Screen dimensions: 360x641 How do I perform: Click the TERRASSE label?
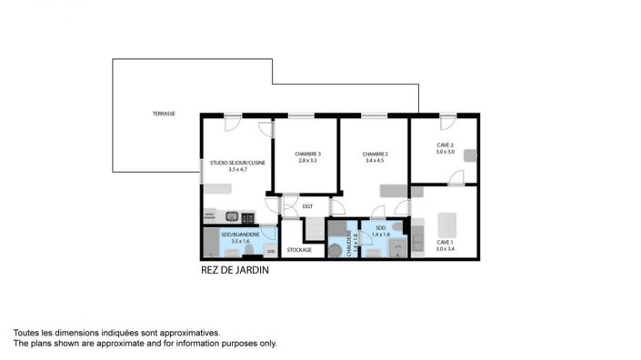pyautogui.click(x=164, y=114)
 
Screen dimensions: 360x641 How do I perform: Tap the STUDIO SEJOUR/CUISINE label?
pyautogui.click(x=225, y=163)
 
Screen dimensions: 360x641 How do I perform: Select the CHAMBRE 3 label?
pyautogui.click(x=307, y=154)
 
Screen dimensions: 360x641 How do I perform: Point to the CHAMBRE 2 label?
pyautogui.click(x=375, y=154)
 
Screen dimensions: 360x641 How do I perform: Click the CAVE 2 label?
pyautogui.click(x=445, y=145)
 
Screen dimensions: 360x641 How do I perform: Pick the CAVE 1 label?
pyautogui.click(x=444, y=242)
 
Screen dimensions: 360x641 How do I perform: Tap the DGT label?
pyautogui.click(x=308, y=206)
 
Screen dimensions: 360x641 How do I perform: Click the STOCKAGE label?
pyautogui.click(x=299, y=249)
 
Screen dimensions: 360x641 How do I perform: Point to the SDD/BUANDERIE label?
pyautogui.click(x=240, y=235)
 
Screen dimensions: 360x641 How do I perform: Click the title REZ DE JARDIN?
pyautogui.click(x=235, y=270)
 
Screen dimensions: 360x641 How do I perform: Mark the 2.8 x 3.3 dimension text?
pyautogui.click(x=307, y=161)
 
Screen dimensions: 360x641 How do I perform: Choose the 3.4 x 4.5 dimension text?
pyautogui.click(x=375, y=161)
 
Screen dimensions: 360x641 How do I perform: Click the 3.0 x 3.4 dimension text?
pyautogui.click(x=444, y=249)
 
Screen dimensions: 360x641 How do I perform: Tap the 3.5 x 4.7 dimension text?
pyautogui.click(x=225, y=169)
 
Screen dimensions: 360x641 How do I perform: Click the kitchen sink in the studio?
pyautogui.click(x=232, y=217)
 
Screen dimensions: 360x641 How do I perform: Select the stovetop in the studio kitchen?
pyautogui.click(x=246, y=217)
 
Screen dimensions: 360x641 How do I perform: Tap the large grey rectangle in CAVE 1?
pyautogui.click(x=446, y=225)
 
